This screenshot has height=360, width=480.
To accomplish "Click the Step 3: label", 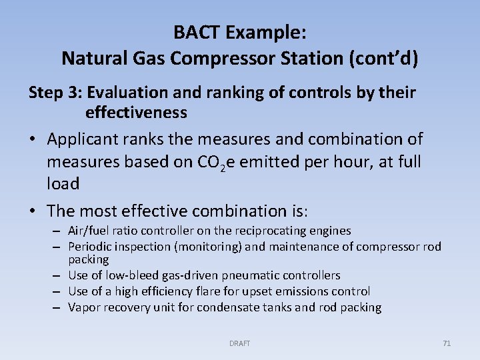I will pos(55,93).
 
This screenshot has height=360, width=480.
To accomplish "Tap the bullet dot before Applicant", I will pos(33,140).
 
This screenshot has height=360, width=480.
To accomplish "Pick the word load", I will pos(63,183).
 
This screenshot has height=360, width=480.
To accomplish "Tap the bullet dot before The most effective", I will pos(33,212).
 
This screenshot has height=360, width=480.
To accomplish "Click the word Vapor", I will pos(83,307).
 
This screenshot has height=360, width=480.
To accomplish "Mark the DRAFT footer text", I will pos(239,343).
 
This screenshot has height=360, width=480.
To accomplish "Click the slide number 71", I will pos(447,343).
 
